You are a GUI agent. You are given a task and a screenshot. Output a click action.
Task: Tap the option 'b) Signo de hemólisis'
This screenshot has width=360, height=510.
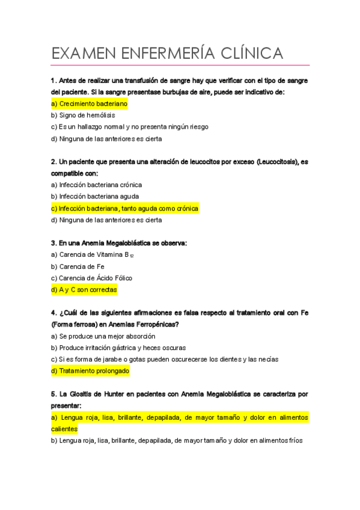(83, 115)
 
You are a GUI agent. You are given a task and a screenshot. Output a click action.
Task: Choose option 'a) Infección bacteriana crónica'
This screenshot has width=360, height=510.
(97, 185)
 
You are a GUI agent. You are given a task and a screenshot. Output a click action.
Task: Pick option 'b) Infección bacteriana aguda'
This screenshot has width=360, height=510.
(95, 196)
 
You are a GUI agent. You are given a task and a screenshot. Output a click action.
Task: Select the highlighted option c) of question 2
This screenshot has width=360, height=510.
(124, 208)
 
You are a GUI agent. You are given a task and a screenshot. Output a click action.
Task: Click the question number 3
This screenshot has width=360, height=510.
(53, 243)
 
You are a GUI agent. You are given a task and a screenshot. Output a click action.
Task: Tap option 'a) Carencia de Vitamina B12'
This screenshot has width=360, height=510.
(93, 255)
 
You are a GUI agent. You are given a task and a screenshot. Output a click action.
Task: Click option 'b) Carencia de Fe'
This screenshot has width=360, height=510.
(78, 266)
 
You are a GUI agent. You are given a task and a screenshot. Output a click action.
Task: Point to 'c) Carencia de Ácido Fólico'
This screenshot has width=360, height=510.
(92, 278)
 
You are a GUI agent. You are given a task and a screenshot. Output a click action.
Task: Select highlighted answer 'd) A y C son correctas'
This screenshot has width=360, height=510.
(84, 289)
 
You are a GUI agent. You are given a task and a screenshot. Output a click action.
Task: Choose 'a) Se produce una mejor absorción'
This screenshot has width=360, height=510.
(103, 336)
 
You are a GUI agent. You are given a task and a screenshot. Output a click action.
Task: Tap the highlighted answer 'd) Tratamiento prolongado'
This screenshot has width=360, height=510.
(90, 371)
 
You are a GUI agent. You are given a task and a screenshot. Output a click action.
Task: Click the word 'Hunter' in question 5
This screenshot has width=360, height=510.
(104, 395)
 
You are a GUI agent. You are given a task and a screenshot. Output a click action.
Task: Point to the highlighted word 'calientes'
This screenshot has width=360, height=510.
(64, 429)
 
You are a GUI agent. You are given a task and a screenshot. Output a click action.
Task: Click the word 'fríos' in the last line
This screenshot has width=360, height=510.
(293, 441)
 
